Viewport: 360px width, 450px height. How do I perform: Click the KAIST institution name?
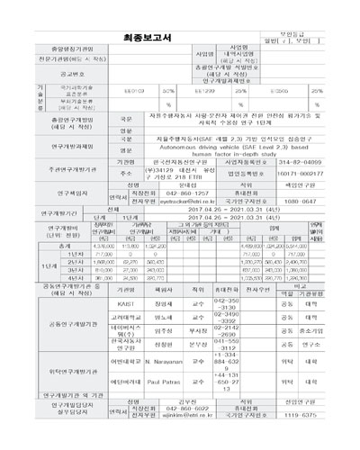click(125, 304)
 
